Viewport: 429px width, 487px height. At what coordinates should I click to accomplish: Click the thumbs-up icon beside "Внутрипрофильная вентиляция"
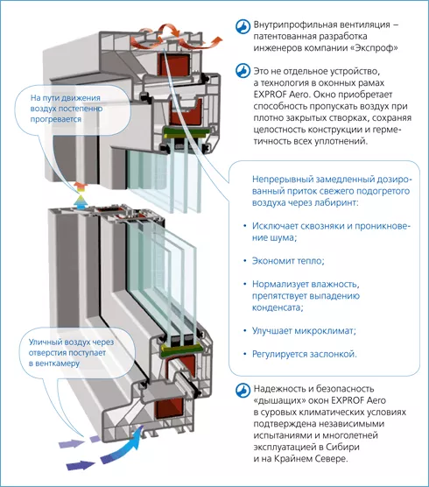(243, 26)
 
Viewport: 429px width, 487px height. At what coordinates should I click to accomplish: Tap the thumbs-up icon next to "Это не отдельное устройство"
(243, 71)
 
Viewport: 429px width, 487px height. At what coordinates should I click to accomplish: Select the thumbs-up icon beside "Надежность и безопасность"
(243, 390)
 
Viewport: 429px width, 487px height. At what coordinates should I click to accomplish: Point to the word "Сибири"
(342, 448)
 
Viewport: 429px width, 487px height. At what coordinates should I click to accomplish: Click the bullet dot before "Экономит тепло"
(245, 261)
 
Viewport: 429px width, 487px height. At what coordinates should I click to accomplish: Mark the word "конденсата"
(277, 307)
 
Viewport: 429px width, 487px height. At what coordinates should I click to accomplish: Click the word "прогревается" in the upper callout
(56, 119)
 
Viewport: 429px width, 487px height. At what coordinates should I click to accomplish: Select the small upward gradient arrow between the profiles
(81, 196)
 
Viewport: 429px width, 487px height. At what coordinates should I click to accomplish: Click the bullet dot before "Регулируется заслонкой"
(245, 354)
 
